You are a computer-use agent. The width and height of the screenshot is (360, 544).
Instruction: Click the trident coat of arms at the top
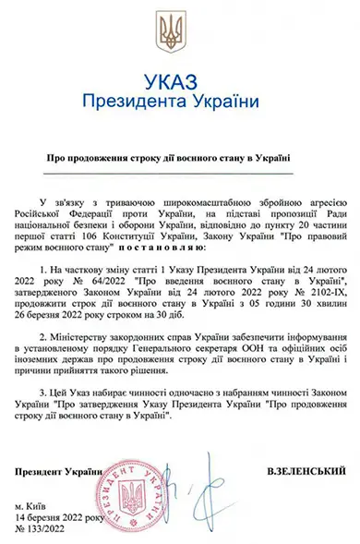pyautogui.click(x=179, y=31)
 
